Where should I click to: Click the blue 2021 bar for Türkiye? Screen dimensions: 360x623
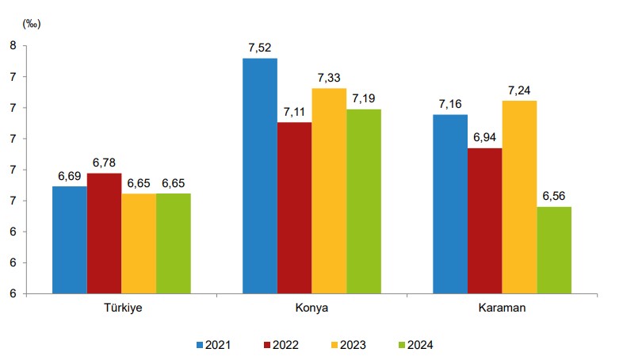coord(70,239)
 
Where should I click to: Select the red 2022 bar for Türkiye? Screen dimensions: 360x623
coord(104,233)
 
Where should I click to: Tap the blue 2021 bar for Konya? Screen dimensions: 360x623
coord(260,175)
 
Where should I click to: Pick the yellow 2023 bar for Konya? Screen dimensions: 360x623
coord(329,190)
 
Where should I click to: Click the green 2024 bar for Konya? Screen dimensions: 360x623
coord(364,201)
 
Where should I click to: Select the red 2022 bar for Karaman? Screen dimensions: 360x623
coord(484,220)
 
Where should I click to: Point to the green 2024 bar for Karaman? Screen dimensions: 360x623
coord(554,250)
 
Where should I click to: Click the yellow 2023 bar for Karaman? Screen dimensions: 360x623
coord(519,197)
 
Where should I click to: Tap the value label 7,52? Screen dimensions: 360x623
coord(260,48)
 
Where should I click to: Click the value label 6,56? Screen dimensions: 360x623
coord(554,197)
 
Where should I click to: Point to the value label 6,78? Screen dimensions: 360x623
coord(104,163)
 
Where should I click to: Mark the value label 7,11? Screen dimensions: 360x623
coord(294,112)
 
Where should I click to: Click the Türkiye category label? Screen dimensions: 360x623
coord(122,308)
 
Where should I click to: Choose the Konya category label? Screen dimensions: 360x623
coord(312,308)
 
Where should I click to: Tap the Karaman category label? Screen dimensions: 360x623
coord(502,308)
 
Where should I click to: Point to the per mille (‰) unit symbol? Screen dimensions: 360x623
coord(32,23)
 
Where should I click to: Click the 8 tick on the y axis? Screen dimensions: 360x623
coord(13,46)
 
